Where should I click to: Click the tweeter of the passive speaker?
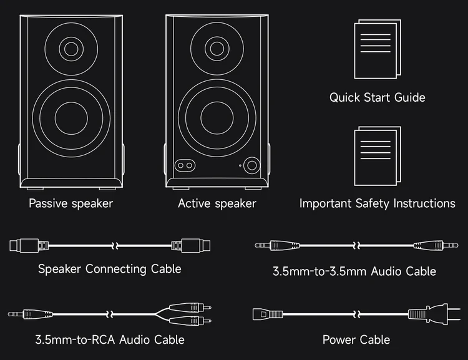(72, 47)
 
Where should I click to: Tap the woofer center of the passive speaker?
(72, 117)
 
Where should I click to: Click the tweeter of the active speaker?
(218, 47)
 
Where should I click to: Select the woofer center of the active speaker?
(218, 117)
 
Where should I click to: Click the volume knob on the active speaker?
(252, 165)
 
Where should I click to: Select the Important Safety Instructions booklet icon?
(377, 157)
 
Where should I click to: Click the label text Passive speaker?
(71, 203)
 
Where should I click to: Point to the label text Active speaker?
(217, 203)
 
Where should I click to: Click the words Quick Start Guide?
(377, 97)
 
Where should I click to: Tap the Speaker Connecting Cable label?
(110, 269)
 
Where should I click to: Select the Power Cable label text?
(356, 340)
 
